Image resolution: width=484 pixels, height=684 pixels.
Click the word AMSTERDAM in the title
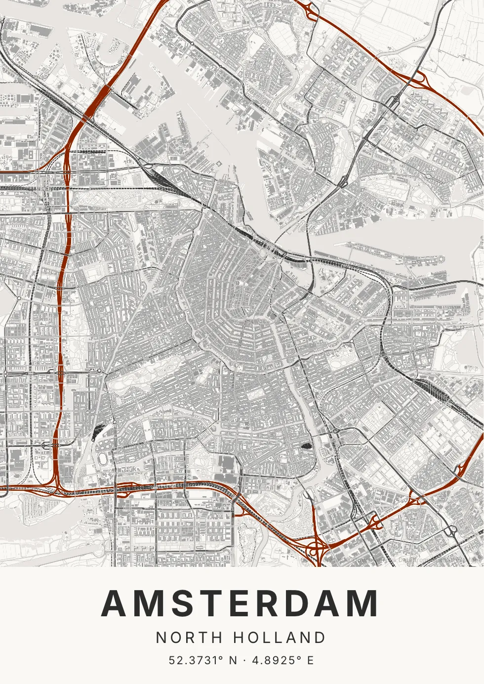(240, 604)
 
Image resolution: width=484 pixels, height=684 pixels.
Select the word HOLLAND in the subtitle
(279, 638)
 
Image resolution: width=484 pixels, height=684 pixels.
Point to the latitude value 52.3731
(193, 660)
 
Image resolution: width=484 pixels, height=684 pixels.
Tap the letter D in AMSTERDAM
(301, 604)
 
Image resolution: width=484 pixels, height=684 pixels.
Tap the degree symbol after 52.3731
(220, 657)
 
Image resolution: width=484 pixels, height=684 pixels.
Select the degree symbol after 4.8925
(299, 657)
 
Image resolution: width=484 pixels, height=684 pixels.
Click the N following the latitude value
(233, 660)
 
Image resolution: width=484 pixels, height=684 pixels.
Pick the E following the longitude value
(310, 660)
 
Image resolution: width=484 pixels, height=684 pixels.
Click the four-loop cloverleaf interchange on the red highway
(314, 548)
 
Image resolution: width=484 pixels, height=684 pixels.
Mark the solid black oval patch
(306, 444)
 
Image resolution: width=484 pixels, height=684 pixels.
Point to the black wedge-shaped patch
(96, 432)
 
